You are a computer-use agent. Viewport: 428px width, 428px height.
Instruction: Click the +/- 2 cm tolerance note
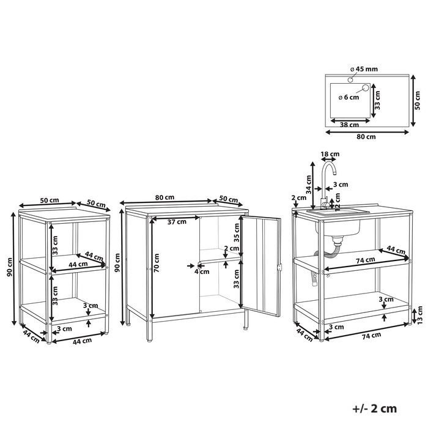tap(374, 408)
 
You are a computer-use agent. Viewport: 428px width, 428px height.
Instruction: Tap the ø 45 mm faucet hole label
tap(364, 69)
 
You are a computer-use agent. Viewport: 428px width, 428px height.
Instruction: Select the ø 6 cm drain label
tap(349, 97)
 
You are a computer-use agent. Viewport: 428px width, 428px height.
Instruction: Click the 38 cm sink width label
tap(349, 125)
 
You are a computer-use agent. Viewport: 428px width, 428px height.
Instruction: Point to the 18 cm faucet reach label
tap(330, 154)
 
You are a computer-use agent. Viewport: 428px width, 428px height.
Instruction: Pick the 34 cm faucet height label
tap(309, 185)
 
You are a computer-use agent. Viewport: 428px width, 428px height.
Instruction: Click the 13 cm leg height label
tap(420, 314)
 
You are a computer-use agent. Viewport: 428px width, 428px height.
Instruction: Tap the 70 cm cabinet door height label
tap(157, 263)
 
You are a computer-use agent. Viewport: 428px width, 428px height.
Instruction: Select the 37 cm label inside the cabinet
tap(177, 221)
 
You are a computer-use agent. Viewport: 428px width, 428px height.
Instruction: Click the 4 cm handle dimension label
tap(202, 271)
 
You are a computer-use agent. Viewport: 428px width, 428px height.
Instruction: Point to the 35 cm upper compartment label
tap(237, 232)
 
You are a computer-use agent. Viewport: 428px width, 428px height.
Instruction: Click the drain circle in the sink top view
tap(365, 87)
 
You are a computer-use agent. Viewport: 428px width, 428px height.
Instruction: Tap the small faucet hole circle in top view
tap(350, 79)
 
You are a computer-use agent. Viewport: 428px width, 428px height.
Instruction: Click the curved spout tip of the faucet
tap(334, 173)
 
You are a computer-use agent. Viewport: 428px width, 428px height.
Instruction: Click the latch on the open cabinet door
tap(279, 267)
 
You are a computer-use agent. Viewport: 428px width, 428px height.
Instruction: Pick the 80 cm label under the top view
tap(366, 136)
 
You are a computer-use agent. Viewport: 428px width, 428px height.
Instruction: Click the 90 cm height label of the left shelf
tap(10, 267)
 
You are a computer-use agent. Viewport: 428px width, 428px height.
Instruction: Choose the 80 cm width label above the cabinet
tap(164, 197)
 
